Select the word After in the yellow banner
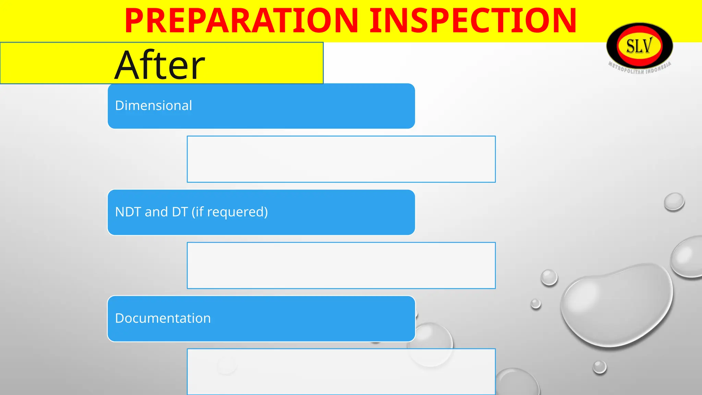[x=160, y=65]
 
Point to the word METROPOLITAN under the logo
[x=626, y=69]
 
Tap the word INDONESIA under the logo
[x=659, y=68]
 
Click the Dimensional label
[x=154, y=106]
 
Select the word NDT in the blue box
[x=128, y=212]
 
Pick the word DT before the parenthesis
[x=180, y=212]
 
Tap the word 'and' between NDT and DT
[x=156, y=212]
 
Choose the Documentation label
[x=163, y=318]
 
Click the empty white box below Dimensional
[x=341, y=159]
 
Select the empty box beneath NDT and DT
[x=341, y=265]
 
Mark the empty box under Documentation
[x=341, y=372]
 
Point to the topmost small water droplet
[x=674, y=201]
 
